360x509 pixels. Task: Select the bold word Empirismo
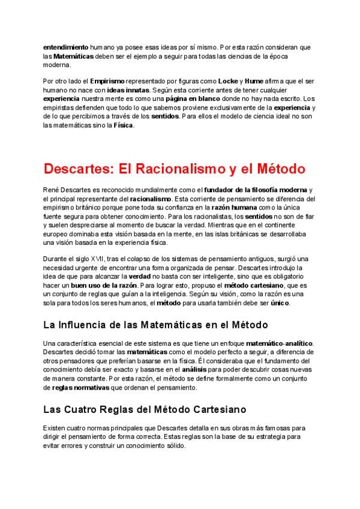click(x=107, y=80)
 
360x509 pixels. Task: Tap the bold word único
click(x=279, y=303)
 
